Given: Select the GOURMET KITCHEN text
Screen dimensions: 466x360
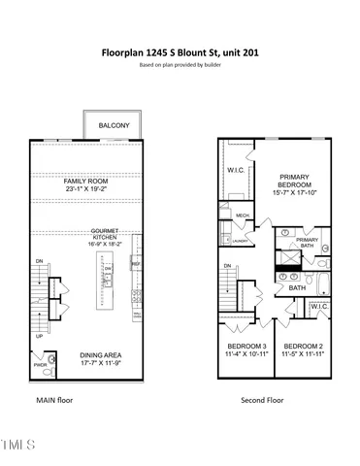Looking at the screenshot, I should [105, 236].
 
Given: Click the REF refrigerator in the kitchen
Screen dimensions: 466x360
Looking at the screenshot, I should [136, 263].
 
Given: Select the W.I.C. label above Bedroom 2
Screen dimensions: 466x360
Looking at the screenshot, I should [318, 309].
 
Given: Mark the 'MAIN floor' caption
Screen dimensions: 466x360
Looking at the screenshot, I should [55, 400].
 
